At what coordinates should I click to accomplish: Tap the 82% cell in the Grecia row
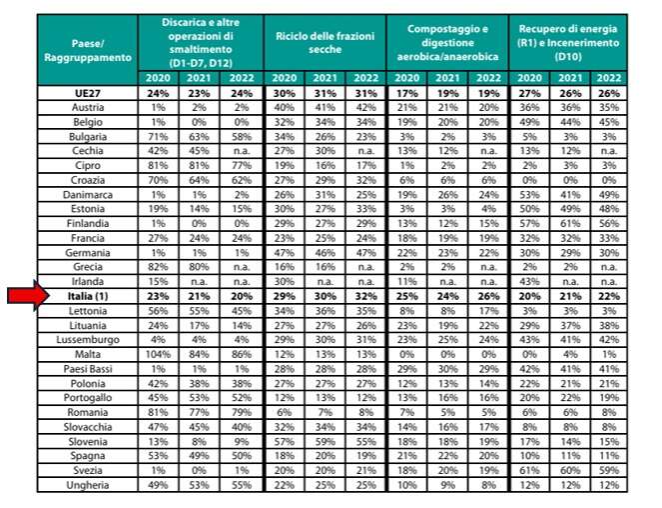click(x=157, y=267)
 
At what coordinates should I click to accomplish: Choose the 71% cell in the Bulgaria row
click(x=157, y=136)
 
